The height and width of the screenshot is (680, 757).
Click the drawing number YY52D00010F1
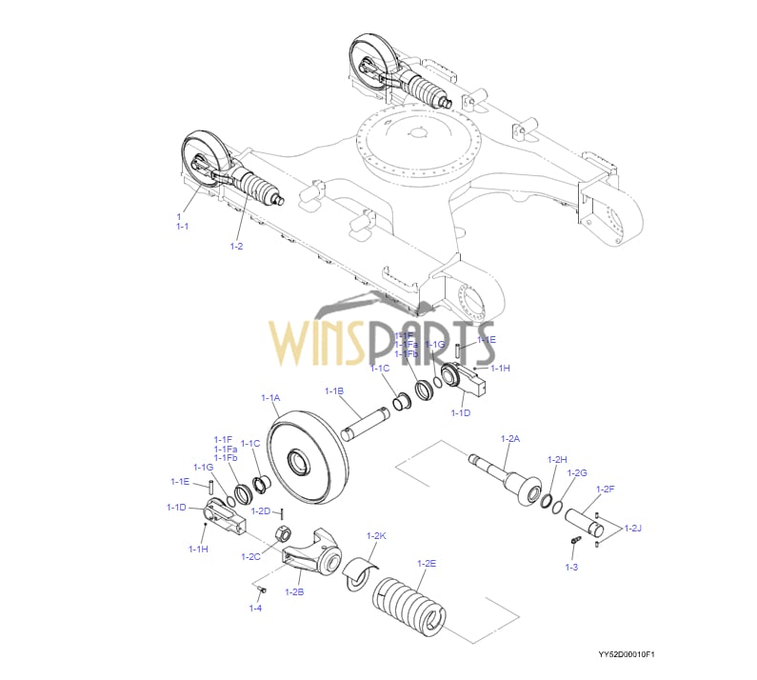click(x=627, y=655)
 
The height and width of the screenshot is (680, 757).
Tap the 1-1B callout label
click(x=333, y=390)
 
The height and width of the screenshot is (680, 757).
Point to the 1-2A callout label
click(x=510, y=438)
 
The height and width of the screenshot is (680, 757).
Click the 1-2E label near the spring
click(x=426, y=563)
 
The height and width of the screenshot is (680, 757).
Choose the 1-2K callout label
click(x=376, y=536)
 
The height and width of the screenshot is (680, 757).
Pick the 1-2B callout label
click(x=294, y=592)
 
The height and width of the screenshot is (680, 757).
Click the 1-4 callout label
click(x=255, y=608)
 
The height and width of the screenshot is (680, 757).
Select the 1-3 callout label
click(x=571, y=567)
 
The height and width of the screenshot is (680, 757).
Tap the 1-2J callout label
click(x=632, y=528)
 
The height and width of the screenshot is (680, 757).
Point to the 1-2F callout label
click(x=605, y=490)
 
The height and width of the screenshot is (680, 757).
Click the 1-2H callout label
click(x=557, y=459)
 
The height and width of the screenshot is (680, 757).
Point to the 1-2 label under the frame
click(x=236, y=247)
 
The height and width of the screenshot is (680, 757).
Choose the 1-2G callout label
click(x=577, y=472)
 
